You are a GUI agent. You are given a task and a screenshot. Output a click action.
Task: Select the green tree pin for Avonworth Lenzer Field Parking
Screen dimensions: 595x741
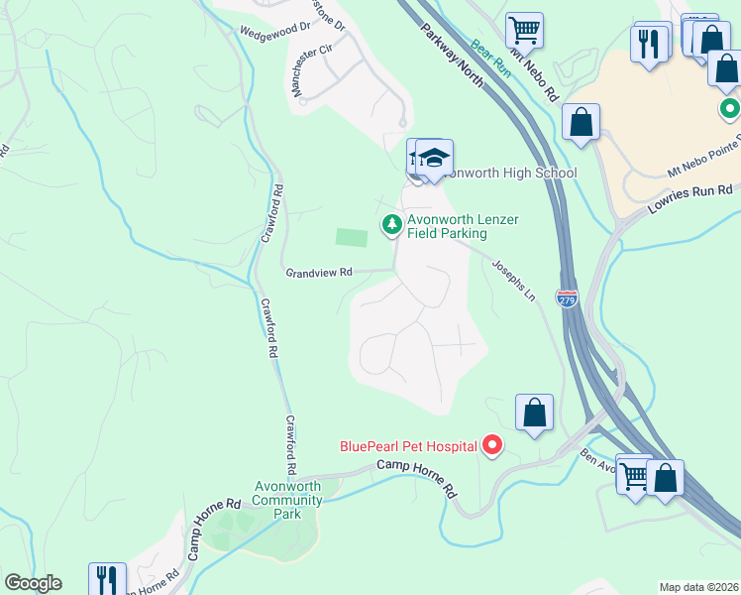392,225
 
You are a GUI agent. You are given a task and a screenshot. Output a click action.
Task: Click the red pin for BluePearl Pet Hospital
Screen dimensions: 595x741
492,446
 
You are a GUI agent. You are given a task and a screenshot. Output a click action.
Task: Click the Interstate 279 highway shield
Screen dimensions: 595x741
567,298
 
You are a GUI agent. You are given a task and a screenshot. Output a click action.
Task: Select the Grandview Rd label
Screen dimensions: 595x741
319,272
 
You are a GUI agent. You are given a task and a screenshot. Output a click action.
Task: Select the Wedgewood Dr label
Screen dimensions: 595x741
274,31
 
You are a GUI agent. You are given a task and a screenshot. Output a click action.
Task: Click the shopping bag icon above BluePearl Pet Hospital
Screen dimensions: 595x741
534,412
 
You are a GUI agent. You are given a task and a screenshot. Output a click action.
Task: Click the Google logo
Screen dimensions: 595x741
33,583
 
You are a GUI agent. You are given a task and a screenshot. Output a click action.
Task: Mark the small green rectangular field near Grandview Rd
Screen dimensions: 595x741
352,237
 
